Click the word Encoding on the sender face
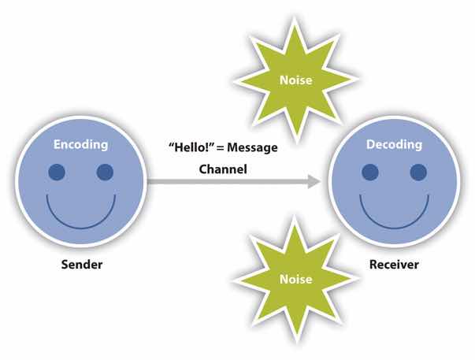point(81,145)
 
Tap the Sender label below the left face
point(82,264)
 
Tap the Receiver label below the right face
point(394,264)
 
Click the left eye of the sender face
point(57,172)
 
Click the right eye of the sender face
point(105,172)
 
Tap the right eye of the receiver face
point(417,172)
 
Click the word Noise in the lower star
point(296,279)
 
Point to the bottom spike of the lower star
point(296,340)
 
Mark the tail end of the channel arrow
point(150,182)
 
